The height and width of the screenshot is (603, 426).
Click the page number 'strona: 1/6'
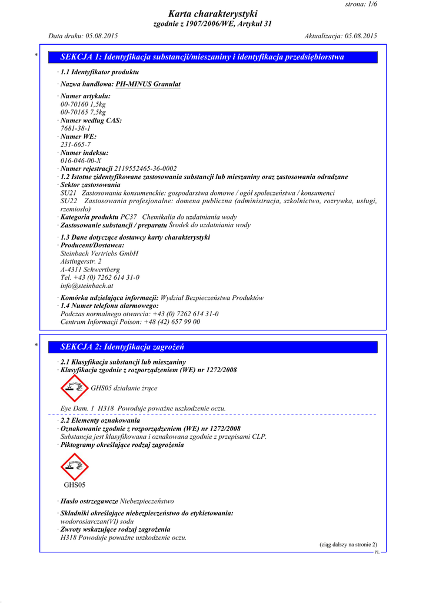(x=360, y=4)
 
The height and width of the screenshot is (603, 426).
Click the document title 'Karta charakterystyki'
(x=212, y=14)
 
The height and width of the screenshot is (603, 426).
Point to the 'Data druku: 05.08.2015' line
(x=83, y=36)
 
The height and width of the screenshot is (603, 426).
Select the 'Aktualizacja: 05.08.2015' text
(x=341, y=36)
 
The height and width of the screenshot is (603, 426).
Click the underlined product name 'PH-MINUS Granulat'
(x=148, y=84)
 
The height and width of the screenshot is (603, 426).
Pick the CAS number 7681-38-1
(x=75, y=128)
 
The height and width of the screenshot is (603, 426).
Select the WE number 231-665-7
(x=75, y=144)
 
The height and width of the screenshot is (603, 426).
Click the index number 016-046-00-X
(x=81, y=160)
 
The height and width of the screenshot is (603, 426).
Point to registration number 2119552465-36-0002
(x=145, y=168)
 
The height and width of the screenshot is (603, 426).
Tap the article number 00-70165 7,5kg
(x=83, y=112)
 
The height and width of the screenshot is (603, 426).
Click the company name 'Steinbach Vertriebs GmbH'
(x=99, y=253)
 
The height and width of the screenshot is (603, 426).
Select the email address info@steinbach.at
(x=86, y=286)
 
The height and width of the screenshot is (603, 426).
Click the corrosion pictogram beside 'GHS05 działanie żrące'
(x=75, y=388)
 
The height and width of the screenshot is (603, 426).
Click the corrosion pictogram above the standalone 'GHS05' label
(x=75, y=466)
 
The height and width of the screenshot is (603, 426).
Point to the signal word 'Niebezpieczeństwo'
(x=147, y=501)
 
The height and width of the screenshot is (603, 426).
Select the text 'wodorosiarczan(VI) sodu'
(x=97, y=522)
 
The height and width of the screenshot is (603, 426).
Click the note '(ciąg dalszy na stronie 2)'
(x=348, y=545)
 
